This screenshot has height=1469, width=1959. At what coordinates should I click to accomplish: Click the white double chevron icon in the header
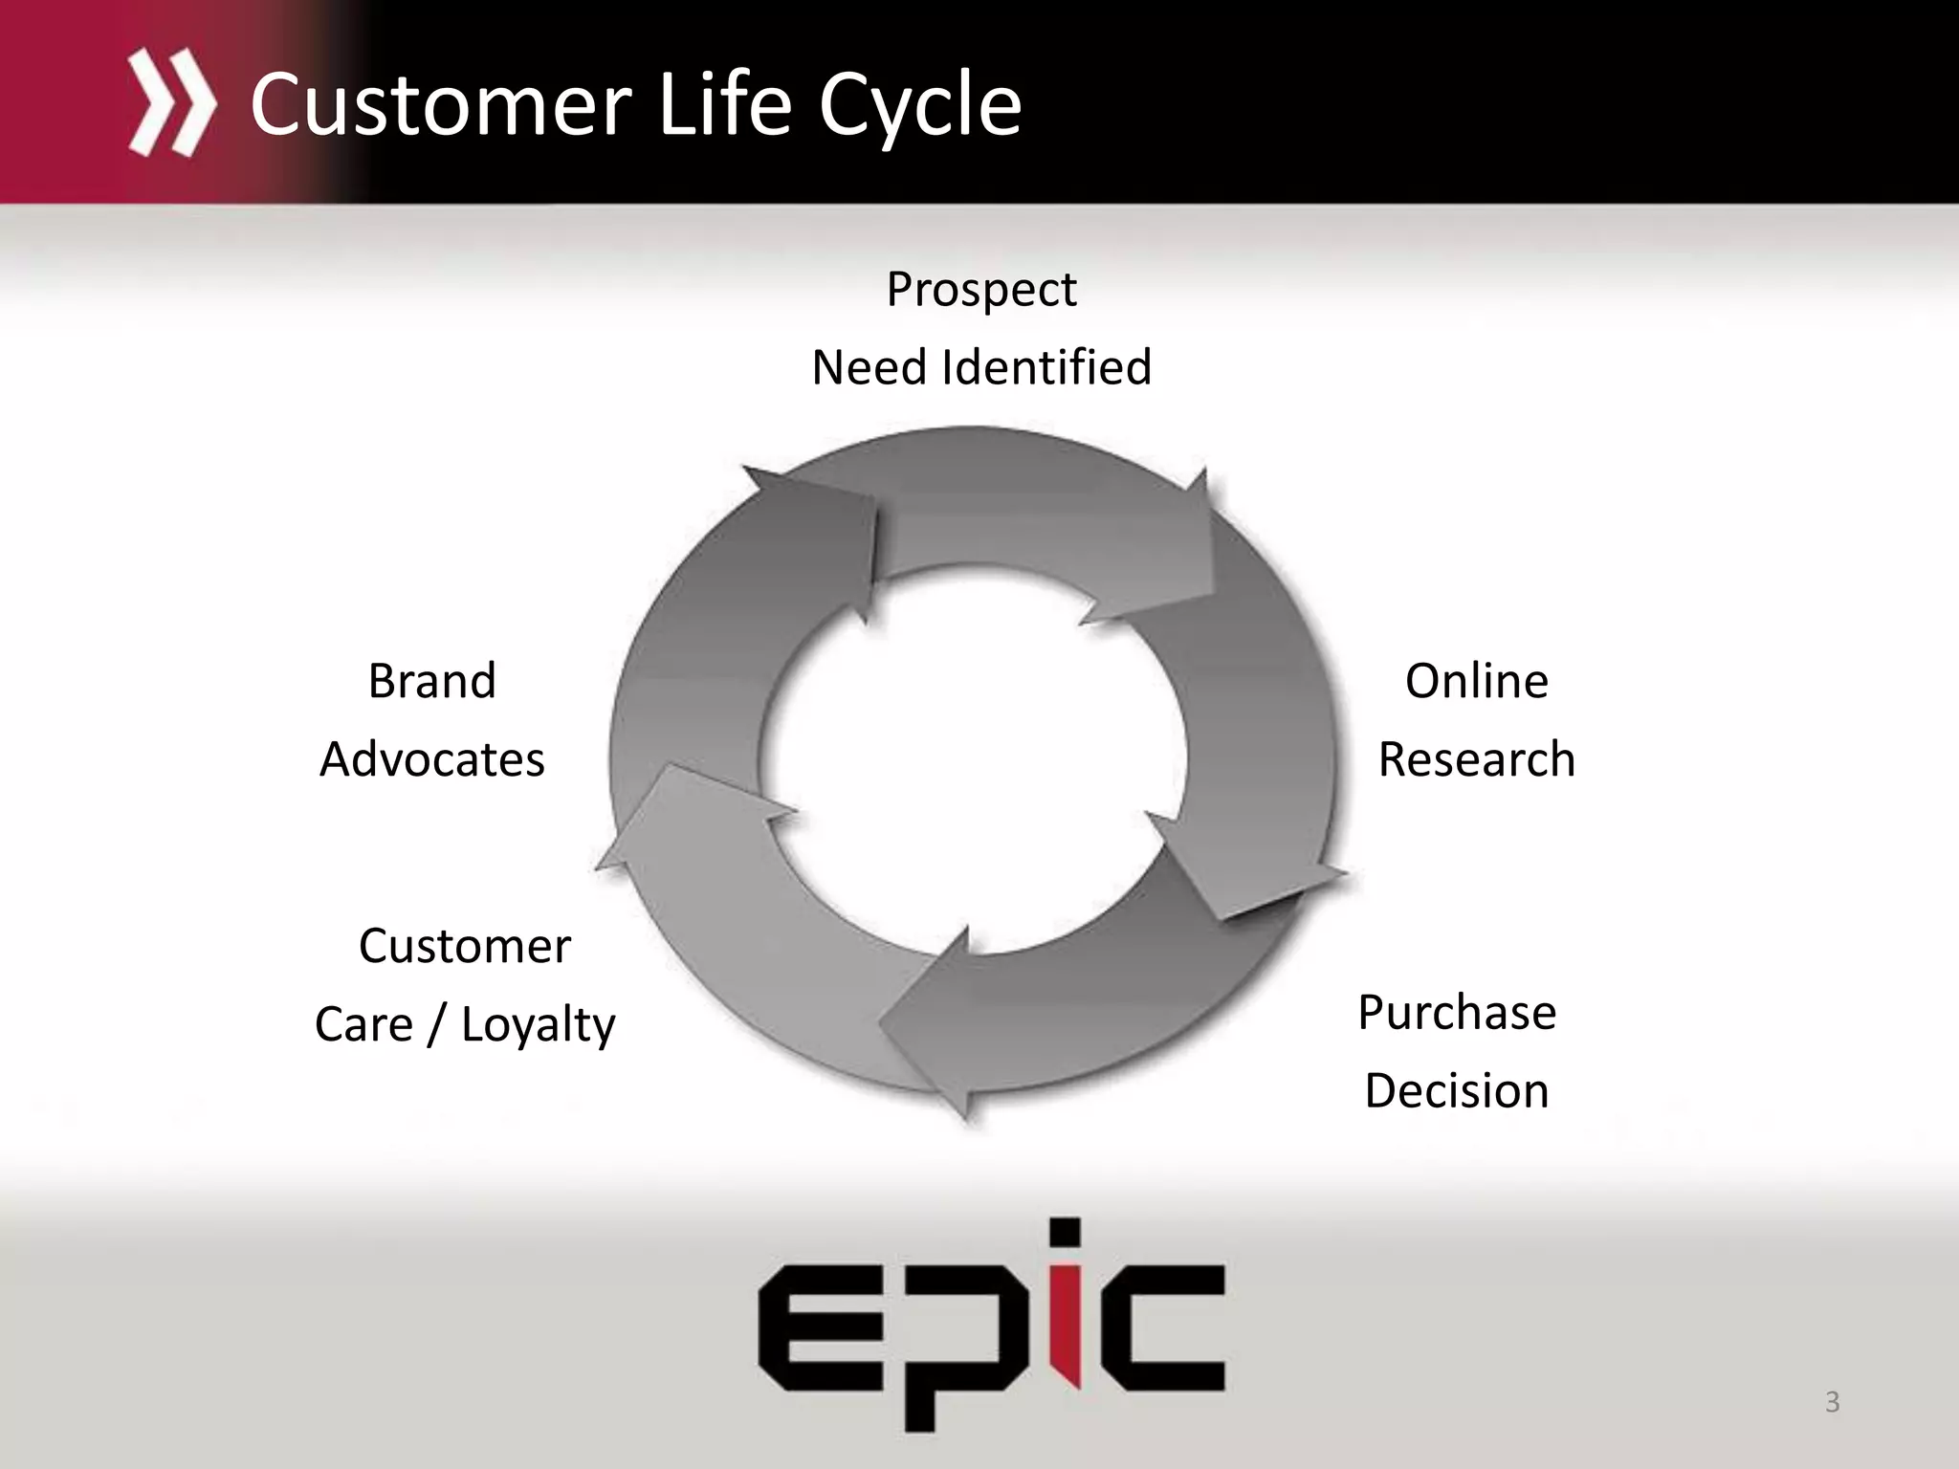point(171,103)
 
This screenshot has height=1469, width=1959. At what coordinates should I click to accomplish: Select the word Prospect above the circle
point(980,290)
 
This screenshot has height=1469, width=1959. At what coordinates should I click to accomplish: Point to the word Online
point(1476,682)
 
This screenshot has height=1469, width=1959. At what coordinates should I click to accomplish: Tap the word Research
point(1476,760)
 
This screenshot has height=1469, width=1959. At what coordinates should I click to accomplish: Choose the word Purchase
point(1456,1013)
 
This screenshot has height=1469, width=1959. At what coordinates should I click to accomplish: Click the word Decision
point(1456,1091)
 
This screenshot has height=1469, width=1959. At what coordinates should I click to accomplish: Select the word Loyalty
point(538,1025)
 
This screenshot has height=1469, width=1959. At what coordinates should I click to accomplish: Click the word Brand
point(431,682)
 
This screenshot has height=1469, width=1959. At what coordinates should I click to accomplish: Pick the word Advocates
point(431,760)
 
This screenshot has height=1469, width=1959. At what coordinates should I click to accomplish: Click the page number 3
point(1832,1402)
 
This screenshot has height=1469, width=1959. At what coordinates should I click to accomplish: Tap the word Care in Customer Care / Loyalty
point(363,1025)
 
